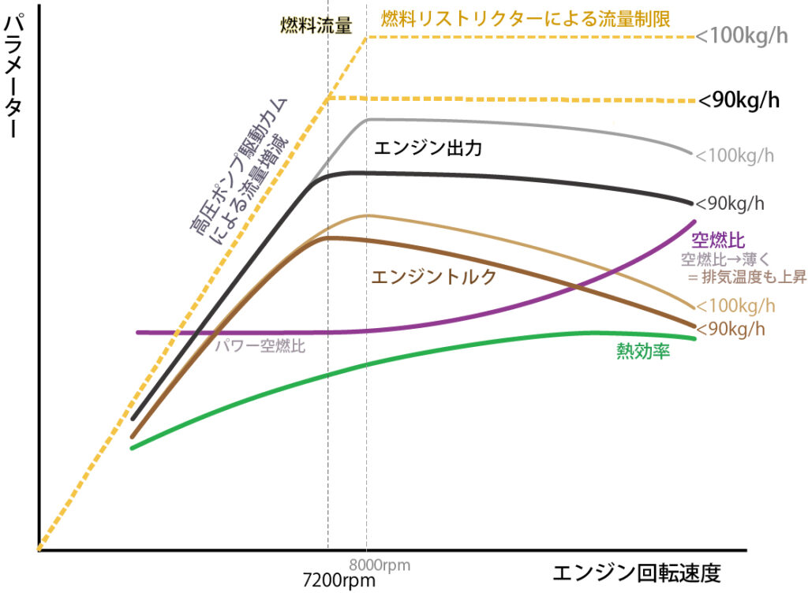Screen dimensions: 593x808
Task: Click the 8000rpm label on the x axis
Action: point(380,564)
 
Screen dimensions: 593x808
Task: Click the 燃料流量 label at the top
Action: point(316,25)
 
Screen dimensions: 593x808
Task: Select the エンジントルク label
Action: point(433,276)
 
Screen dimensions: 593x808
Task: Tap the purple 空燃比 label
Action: point(718,241)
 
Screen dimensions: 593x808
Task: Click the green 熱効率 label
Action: point(643,352)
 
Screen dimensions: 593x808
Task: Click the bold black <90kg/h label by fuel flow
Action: point(739,101)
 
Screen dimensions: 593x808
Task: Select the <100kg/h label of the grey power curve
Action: point(734,155)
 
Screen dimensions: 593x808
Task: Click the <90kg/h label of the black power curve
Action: point(729,203)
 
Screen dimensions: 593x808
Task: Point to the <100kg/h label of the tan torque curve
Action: point(735,306)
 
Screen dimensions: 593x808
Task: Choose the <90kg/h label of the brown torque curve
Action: point(731,327)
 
